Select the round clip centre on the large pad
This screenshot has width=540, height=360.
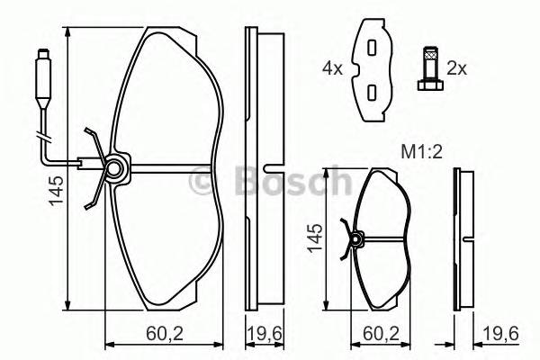114,167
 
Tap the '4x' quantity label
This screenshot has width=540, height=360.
334,67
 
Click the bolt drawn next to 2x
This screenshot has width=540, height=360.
427,68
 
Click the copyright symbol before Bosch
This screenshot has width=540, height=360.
205,184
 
